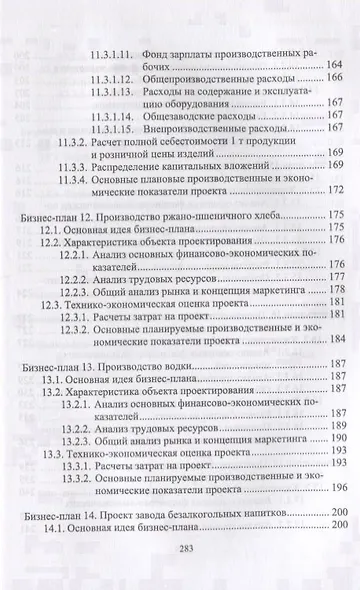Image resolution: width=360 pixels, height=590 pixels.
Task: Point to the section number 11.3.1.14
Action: click(118, 117)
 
